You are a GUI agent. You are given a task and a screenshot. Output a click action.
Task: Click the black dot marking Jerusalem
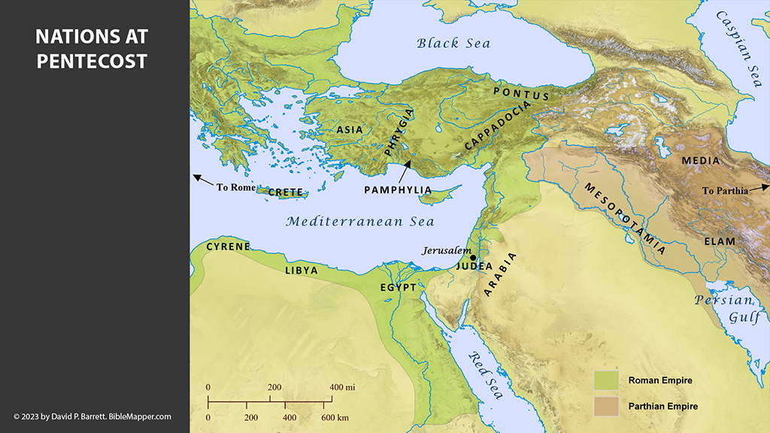tap(473, 258)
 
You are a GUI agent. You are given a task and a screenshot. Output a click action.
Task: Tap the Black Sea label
tap(453, 43)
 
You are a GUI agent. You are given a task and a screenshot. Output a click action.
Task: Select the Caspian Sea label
tap(732, 50)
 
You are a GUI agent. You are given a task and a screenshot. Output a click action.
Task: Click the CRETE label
tap(286, 192)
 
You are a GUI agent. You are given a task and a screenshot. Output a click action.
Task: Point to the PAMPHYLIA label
tap(398, 190)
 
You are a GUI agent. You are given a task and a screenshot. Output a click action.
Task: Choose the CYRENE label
tap(228, 247)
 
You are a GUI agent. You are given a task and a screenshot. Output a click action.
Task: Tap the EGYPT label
tap(399, 287)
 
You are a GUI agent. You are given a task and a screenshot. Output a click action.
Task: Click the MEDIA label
tap(700, 161)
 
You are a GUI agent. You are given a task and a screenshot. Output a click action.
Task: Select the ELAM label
tap(720, 241)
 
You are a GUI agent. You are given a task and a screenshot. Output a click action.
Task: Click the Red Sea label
tap(485, 375)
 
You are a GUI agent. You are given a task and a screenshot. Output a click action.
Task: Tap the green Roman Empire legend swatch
tap(606, 380)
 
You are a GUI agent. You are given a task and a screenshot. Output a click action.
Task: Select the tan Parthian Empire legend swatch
tap(606, 406)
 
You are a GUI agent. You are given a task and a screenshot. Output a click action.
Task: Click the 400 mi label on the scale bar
tap(342, 387)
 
